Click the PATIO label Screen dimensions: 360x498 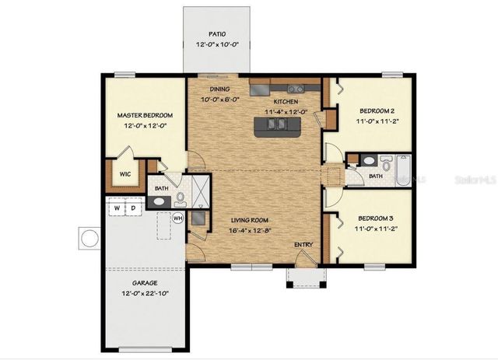(217, 34)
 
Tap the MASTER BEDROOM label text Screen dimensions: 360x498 (144, 115)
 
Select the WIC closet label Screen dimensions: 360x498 (124, 174)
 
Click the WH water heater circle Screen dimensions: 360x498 (177, 218)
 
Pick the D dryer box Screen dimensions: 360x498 (132, 208)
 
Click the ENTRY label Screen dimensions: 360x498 (303, 245)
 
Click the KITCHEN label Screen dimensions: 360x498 (286, 102)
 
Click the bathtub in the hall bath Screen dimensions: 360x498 (403, 170)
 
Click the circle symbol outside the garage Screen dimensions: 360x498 (89, 236)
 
